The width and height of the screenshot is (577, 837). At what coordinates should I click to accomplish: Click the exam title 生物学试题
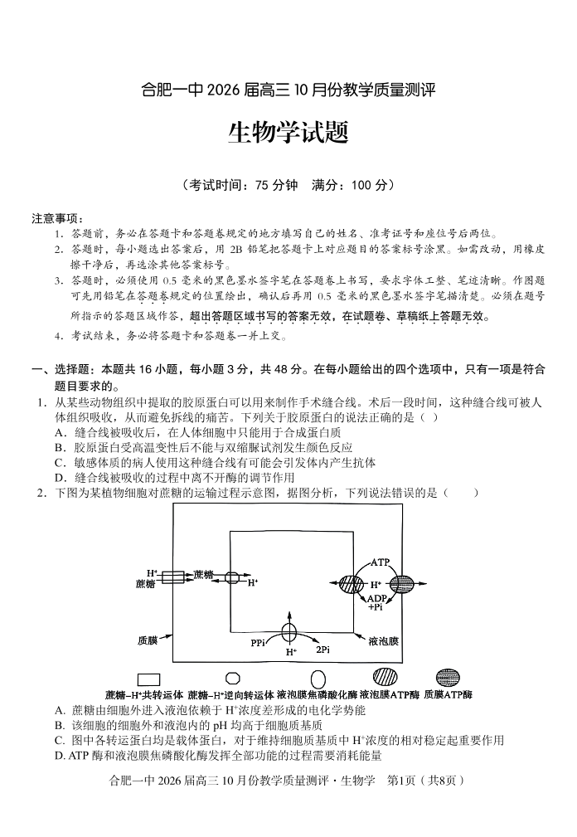click(288, 133)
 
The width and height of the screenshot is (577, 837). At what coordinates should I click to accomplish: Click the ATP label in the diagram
click(380, 562)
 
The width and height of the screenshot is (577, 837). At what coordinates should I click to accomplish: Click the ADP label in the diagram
click(376, 598)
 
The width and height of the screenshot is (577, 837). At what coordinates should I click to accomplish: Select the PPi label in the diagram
click(258, 643)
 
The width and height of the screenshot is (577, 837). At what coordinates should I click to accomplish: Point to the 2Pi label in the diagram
click(322, 650)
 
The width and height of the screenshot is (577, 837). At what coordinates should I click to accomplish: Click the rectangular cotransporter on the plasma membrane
click(172, 577)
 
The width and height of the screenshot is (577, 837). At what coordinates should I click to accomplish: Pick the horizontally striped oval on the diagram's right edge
click(401, 583)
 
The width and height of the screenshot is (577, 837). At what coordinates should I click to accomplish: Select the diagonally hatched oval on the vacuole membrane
click(351, 583)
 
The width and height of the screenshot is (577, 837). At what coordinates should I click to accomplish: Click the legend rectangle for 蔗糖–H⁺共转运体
click(149, 679)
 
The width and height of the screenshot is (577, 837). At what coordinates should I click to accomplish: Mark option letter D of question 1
click(60, 477)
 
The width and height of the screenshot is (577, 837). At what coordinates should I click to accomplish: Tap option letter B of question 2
click(60, 725)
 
